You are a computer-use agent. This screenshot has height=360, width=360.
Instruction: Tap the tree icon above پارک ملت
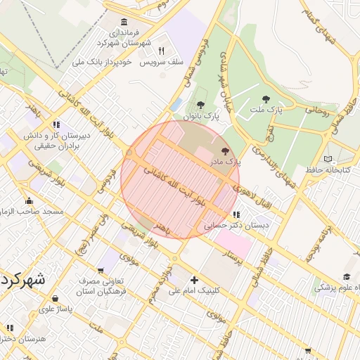[266, 100]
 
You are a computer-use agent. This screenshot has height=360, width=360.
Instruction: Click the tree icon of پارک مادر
[226, 151]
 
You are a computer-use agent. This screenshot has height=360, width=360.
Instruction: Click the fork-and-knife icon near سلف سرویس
[162, 51]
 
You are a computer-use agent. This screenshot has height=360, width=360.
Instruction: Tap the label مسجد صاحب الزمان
[33, 212]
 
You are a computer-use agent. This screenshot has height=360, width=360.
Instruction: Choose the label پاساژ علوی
[51, 308]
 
